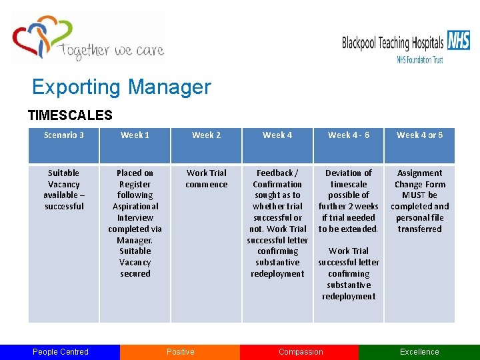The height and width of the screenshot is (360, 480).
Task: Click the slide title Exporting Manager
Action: (121, 87)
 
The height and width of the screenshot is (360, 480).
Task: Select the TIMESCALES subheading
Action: (70, 115)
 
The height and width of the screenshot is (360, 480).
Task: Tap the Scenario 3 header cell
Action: (64, 135)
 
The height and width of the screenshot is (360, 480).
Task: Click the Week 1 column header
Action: (135, 135)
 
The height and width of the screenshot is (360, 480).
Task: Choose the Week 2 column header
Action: (206, 135)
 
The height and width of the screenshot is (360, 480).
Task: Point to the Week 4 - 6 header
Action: (348, 135)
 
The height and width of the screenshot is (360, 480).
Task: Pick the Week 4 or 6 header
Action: (419, 135)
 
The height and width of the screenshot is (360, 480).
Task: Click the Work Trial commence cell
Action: (206, 179)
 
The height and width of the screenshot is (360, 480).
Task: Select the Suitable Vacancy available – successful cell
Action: (64, 189)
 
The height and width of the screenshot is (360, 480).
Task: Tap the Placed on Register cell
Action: (135, 223)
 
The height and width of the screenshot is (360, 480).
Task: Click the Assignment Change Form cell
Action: (419, 201)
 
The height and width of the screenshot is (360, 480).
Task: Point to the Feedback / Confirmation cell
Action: (277, 223)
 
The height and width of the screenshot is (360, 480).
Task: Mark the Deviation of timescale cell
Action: (348, 234)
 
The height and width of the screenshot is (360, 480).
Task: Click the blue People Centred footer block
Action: (60, 352)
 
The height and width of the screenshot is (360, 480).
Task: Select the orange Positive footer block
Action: (180, 352)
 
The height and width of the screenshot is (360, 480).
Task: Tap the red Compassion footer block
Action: (300, 352)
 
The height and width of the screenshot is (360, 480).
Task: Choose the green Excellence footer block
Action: (419, 352)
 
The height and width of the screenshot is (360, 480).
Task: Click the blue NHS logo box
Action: (458, 41)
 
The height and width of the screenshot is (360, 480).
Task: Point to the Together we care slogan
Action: (111, 51)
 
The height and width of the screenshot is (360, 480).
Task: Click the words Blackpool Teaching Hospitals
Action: (393, 44)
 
